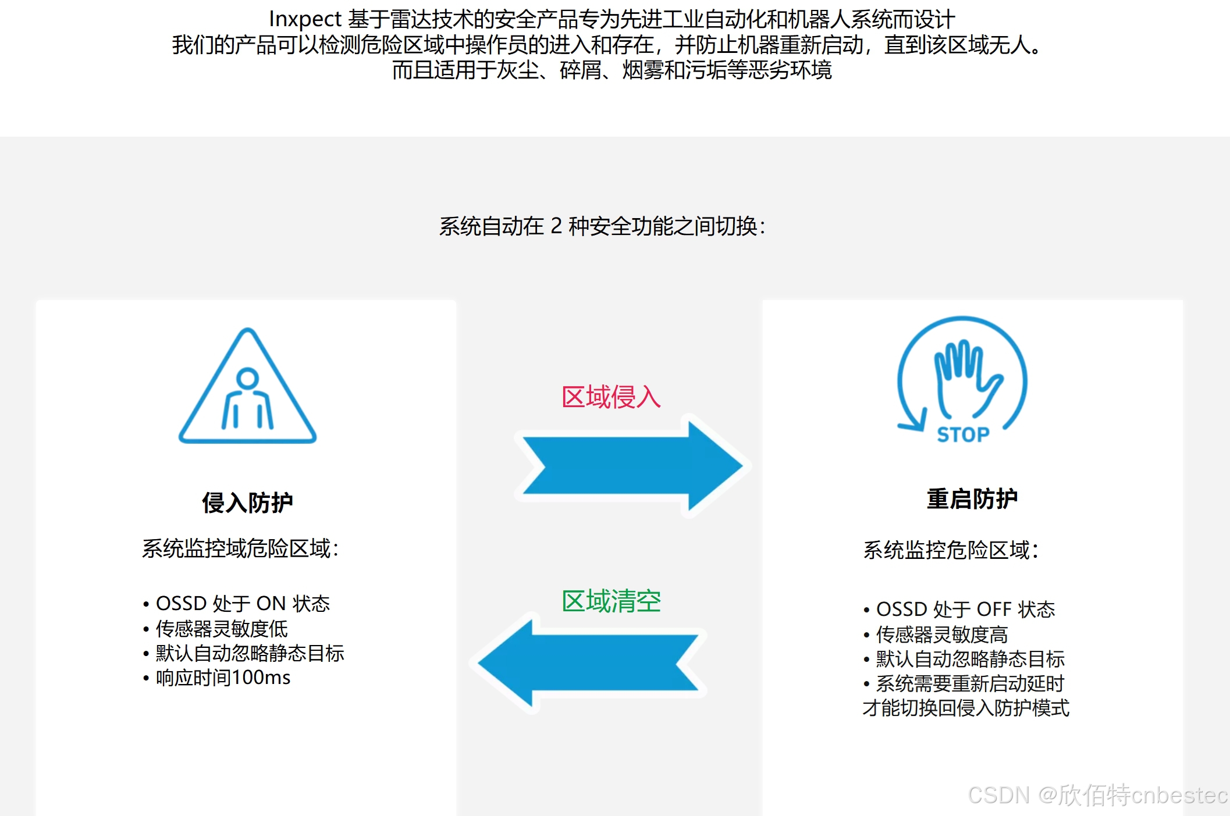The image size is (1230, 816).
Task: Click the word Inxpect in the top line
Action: point(304,19)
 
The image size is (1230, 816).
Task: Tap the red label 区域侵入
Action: point(611,397)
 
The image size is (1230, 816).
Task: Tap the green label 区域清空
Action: point(611,601)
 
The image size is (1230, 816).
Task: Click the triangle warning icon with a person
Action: point(247,390)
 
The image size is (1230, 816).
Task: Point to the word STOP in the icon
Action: point(963,434)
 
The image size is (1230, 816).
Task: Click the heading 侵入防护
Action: point(247,503)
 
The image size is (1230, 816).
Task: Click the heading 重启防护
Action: point(972,499)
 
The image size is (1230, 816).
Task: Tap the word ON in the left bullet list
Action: point(271,604)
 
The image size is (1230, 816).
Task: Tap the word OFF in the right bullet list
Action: point(994,610)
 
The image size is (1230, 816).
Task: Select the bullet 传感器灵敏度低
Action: point(222,629)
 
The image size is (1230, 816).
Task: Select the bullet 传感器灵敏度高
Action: point(942,635)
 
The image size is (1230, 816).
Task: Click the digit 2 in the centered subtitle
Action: point(556,226)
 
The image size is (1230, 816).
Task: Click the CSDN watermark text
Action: point(998,795)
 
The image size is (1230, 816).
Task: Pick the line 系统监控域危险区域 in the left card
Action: point(240,548)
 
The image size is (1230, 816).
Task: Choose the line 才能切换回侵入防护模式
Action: point(966,708)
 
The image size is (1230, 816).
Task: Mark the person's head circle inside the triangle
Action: point(247,378)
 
